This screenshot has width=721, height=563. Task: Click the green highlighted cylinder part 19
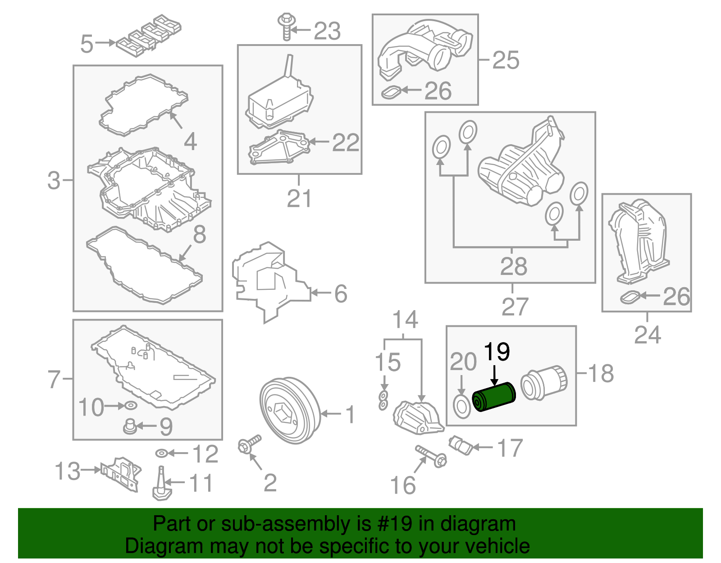tap(493, 397)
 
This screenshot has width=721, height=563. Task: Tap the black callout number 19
tap(497, 352)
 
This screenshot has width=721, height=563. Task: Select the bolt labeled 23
tap(286, 27)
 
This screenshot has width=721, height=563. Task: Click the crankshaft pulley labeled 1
tap(290, 411)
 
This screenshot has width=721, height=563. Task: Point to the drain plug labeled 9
tap(130, 426)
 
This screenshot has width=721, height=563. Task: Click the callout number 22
tap(346, 142)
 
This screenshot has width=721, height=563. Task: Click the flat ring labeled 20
tap(461, 407)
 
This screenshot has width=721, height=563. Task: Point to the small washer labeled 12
tap(161, 453)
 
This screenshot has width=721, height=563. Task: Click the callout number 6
tap(341, 293)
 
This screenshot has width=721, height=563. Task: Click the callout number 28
tap(513, 266)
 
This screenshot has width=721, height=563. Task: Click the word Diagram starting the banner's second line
tap(154, 546)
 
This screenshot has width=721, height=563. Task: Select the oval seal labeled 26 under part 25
tap(390, 92)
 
